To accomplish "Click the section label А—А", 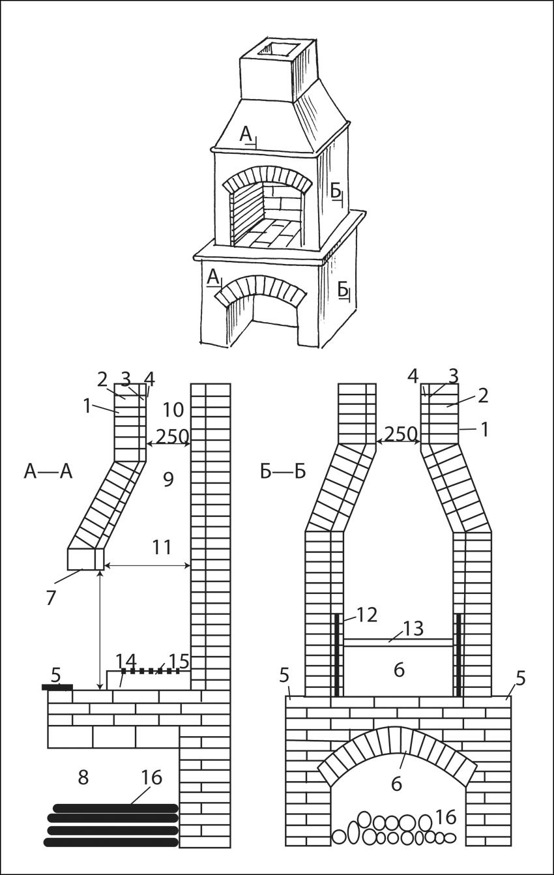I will coord(47,471).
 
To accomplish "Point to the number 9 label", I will coord(168,481).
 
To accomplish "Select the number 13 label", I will coord(413,629).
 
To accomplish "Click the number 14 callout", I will coord(126,660).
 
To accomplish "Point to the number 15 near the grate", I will coord(177,659).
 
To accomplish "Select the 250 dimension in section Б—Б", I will coord(399,434).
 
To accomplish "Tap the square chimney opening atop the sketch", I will coord(276,47).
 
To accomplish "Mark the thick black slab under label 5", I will coord(57,687).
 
